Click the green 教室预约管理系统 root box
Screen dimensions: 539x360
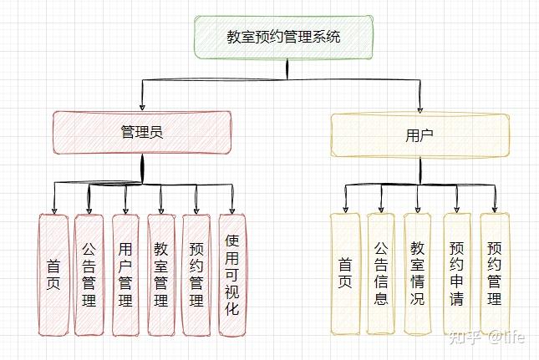coord(283,37)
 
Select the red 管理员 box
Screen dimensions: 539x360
coord(142,132)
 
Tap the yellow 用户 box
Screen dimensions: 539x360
coord(420,135)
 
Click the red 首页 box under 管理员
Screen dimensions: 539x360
coord(53,275)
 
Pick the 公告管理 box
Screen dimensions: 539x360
coord(89,275)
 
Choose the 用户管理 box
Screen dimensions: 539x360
coord(125,275)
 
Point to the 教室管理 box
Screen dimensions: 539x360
coord(161,275)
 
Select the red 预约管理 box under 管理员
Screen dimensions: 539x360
coord(196,275)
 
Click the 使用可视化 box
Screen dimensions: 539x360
coord(232,275)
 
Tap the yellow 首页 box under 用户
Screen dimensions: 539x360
coord(345,273)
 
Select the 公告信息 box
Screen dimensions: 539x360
coord(381,273)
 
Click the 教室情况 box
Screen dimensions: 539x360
coord(417,273)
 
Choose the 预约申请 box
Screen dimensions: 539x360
coord(457,273)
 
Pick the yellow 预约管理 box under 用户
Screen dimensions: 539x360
coord(495,273)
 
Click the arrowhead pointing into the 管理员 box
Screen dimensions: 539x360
coord(142,107)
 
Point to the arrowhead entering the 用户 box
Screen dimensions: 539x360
coord(420,109)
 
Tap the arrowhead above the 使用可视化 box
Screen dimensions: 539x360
coord(232,210)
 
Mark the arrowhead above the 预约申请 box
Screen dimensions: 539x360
coord(457,209)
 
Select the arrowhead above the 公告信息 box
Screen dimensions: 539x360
coord(381,209)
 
